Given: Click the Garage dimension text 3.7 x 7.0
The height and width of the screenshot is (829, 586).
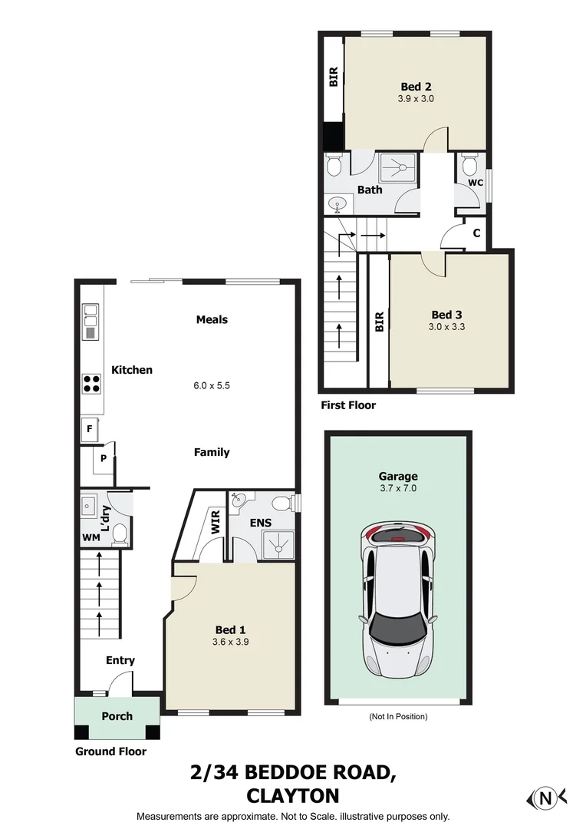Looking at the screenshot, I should tap(397, 488).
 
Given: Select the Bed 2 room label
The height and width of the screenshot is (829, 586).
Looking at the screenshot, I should tap(416, 86).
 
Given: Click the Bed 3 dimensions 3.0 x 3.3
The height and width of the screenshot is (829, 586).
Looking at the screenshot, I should tap(448, 326).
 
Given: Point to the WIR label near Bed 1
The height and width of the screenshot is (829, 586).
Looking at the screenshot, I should tap(216, 523).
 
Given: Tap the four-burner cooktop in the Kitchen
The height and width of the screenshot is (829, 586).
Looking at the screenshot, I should tap(92, 383).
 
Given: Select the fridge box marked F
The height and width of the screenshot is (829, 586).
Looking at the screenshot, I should tap(90, 430).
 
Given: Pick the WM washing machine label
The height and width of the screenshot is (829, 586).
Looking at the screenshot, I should tap(91, 537).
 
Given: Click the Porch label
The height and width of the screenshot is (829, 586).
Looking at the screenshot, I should tap(117, 716).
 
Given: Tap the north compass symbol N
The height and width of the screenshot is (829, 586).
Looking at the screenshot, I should tap(546, 798).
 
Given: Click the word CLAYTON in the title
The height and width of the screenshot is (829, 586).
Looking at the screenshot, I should tap(293, 795).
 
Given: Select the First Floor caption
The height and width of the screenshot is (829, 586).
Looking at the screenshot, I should tap(348, 405).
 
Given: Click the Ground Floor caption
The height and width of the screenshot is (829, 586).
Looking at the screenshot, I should tap(110, 751).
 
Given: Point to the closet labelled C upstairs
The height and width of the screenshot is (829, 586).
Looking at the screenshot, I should tap(476, 233).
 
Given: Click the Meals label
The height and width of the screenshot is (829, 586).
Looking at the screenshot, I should tap(212, 319).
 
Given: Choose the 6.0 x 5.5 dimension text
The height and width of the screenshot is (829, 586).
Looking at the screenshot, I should tap(212, 385).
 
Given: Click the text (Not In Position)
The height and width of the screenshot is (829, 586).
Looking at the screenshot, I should tap(397, 716).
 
